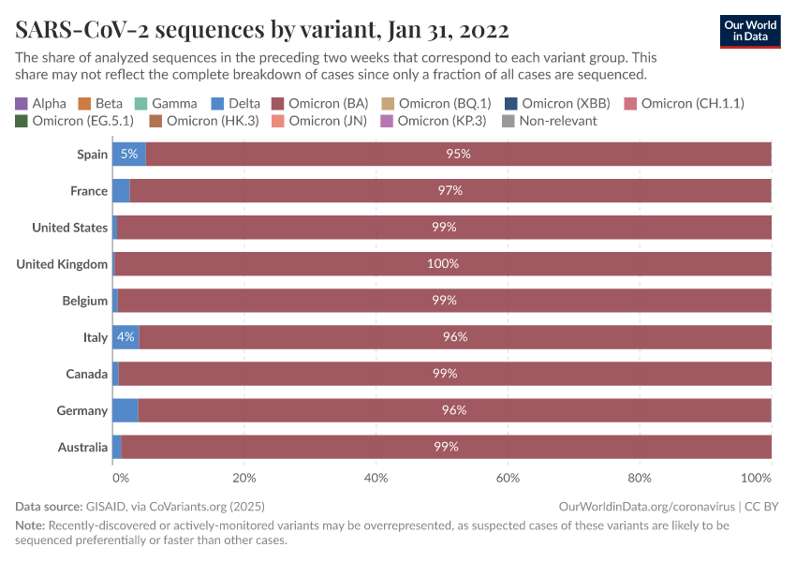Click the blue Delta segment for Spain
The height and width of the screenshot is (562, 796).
(128, 154)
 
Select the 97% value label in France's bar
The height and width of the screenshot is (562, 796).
(450, 190)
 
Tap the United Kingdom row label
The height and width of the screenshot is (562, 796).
(62, 264)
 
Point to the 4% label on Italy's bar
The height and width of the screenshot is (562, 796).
(125, 337)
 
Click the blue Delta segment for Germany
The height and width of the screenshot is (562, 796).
(125, 410)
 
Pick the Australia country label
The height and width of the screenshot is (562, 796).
(82, 447)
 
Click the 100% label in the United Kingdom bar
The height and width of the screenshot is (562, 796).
(442, 264)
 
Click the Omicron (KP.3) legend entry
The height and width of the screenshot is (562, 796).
(432, 121)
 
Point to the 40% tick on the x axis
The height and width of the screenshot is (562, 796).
(375, 478)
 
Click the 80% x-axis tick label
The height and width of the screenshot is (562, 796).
(639, 478)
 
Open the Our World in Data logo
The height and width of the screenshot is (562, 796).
(749, 31)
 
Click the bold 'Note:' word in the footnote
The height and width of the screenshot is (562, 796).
(30, 525)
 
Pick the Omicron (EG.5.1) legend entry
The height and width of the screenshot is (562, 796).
(74, 121)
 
